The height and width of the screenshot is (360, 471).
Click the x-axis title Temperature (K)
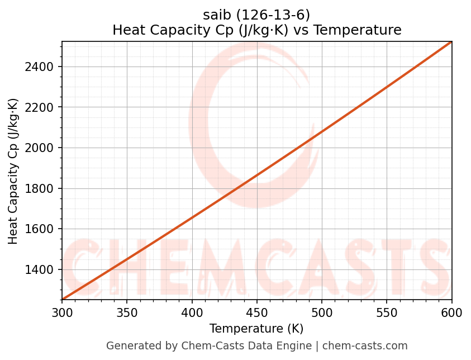tap(256, 329)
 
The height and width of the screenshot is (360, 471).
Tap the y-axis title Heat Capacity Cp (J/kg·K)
tap(13, 171)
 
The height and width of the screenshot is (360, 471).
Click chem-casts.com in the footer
tap(365, 346)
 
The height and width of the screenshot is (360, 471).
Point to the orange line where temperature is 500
tap(322, 133)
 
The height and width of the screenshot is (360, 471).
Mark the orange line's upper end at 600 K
tap(451, 42)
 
